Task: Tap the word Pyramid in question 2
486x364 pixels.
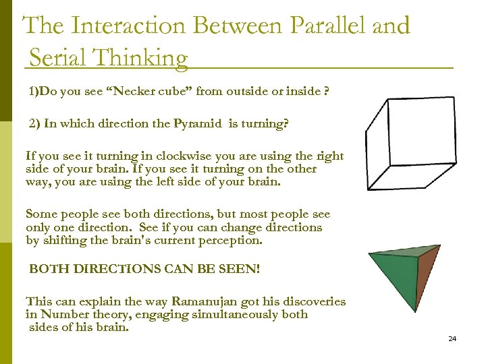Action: click(198, 124)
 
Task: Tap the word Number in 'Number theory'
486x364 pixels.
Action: click(61, 314)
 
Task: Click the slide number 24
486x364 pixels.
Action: click(452, 338)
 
